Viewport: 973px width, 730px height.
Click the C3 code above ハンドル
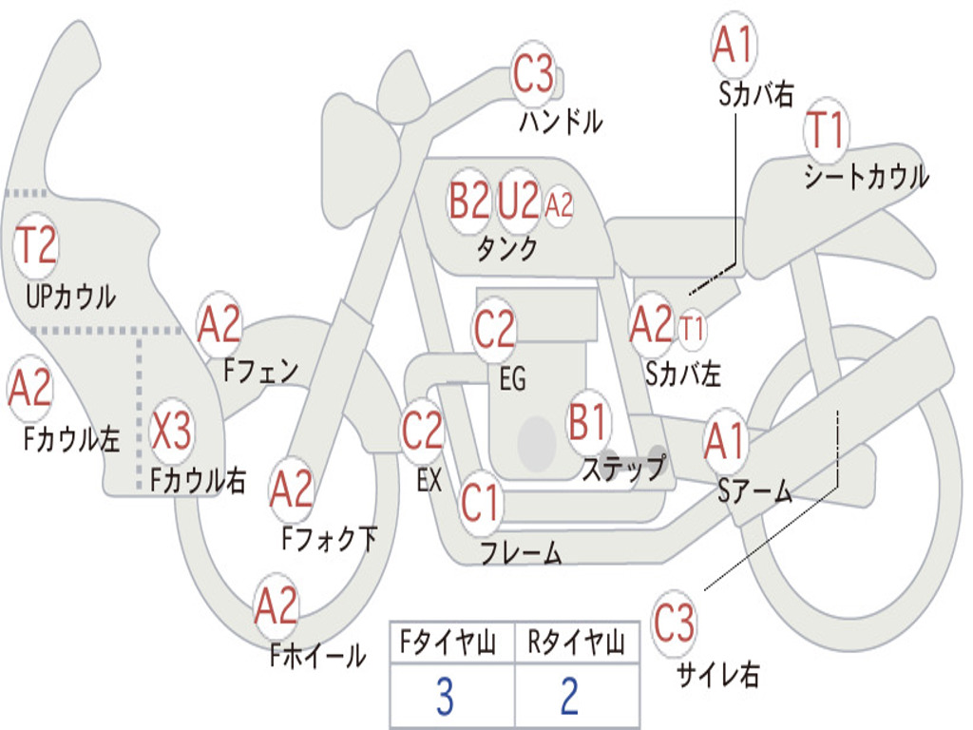(x=533, y=74)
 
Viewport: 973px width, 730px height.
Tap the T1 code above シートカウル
(x=826, y=132)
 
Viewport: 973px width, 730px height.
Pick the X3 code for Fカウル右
(x=171, y=431)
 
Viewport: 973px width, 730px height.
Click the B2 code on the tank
(x=469, y=202)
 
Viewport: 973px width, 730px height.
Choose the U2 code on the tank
(x=519, y=202)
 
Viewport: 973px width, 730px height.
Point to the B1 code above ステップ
(x=588, y=422)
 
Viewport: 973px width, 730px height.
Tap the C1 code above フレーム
(x=480, y=502)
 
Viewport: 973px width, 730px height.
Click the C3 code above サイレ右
(x=674, y=624)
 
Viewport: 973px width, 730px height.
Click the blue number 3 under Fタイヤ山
(x=444, y=698)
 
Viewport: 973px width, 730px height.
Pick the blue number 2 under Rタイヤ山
(x=569, y=698)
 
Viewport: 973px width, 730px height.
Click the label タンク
(x=506, y=250)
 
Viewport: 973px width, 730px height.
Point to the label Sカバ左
(x=682, y=375)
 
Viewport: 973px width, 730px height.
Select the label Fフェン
(x=261, y=370)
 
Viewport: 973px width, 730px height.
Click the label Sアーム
(x=754, y=490)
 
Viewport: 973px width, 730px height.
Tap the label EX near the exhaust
(x=429, y=480)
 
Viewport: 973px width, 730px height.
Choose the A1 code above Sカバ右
(x=733, y=45)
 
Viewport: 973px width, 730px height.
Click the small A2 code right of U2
(x=560, y=204)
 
